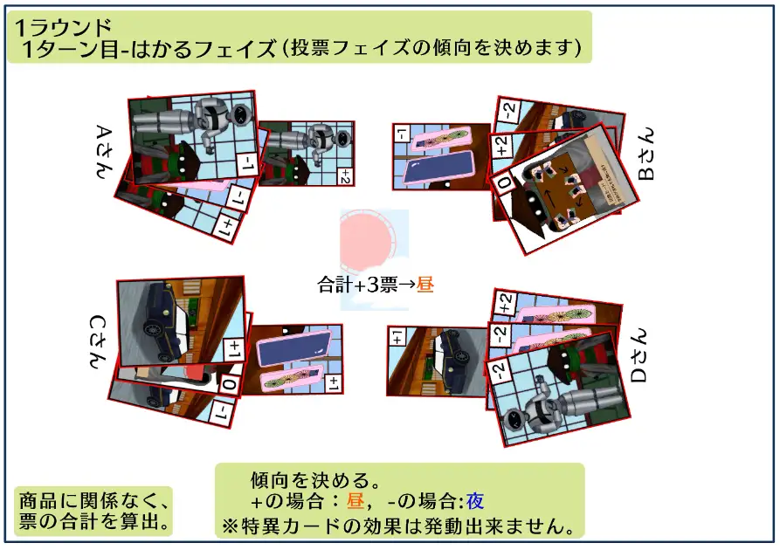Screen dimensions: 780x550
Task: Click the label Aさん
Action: pyautogui.click(x=104, y=152)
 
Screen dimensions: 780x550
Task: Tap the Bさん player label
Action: pyautogui.click(x=645, y=155)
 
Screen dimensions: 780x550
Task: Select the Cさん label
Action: pyautogui.click(x=98, y=342)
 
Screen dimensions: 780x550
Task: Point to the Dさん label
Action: pyautogui.click(x=638, y=355)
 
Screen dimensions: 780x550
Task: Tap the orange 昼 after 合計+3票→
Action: pyautogui.click(x=425, y=285)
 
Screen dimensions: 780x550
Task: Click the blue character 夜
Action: pyautogui.click(x=474, y=501)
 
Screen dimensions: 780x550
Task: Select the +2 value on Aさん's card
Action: pyautogui.click(x=344, y=176)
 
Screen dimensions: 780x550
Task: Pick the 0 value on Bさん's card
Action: pyautogui.click(x=504, y=182)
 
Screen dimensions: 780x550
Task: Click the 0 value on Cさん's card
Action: pyautogui.click(x=230, y=384)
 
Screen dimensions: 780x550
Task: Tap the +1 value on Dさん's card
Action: pyautogui.click(x=397, y=337)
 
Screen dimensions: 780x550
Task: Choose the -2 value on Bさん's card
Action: pyautogui.click(x=509, y=109)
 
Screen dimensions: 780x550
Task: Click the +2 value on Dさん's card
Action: pyautogui.click(x=505, y=303)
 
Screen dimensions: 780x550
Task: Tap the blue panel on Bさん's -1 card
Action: pyautogui.click(x=438, y=167)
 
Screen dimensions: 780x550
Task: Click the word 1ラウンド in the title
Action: pyautogui.click(x=63, y=28)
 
